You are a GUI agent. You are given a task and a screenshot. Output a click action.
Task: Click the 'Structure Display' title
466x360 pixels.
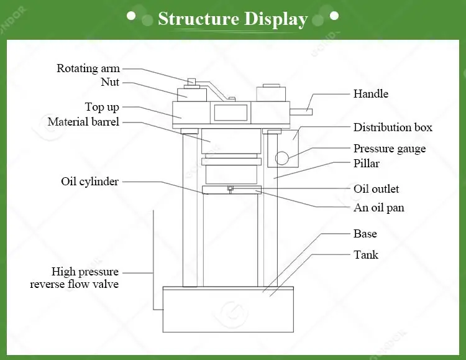point(233,19)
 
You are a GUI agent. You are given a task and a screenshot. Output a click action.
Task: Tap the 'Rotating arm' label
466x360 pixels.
point(88,68)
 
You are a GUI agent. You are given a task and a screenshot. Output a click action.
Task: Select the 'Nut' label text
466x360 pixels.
point(110,82)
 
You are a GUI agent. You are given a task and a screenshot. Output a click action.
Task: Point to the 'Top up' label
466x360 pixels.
point(102,108)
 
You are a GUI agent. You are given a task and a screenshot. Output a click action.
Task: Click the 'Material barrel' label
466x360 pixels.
point(83,122)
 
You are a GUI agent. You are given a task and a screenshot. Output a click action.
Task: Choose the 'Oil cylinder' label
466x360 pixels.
point(89,182)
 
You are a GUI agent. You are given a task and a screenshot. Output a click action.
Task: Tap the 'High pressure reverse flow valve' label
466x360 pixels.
point(75,278)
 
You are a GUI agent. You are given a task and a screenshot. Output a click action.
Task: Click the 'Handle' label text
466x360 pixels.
point(371,94)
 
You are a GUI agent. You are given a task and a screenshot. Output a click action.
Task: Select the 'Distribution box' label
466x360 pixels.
point(393,127)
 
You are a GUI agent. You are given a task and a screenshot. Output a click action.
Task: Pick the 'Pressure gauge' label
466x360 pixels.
point(390,149)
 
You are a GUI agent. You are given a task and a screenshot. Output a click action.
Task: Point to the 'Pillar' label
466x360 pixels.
point(367,164)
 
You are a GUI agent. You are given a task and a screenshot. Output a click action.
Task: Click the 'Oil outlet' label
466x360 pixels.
point(377,189)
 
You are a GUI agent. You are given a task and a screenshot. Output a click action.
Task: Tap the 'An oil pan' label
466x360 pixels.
point(379,208)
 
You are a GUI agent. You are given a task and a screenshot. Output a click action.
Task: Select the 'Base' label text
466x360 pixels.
point(365,234)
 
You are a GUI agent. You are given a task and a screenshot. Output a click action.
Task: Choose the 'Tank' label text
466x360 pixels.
point(366,254)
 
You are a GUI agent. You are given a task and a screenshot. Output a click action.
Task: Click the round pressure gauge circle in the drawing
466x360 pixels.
point(283,159)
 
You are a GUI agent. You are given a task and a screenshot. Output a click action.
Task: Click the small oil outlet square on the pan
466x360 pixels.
point(230,188)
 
